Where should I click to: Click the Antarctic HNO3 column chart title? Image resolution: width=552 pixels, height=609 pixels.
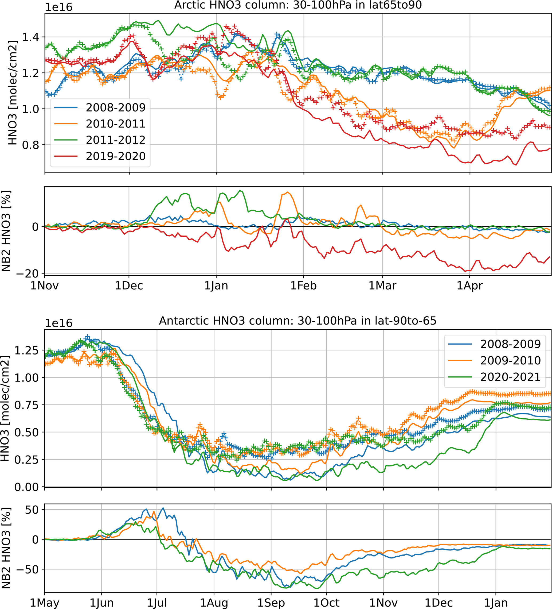pos(297,321)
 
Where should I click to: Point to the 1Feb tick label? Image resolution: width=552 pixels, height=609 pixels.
pos(303,286)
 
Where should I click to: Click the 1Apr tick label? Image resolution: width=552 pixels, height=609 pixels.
pos(469,286)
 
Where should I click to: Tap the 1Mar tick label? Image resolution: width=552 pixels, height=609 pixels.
pos(382,286)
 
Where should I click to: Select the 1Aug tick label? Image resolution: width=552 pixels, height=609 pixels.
pos(214,603)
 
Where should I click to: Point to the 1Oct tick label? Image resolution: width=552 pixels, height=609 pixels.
pos(326,603)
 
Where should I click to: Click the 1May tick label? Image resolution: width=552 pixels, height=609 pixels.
pos(45,603)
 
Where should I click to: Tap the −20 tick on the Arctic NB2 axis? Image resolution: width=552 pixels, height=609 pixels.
pos(28,274)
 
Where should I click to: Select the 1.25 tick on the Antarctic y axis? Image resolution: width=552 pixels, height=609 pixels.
pos(26,350)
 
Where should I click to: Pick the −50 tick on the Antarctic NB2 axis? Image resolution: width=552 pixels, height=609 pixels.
pos(28,569)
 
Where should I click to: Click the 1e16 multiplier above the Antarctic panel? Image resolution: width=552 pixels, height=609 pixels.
pos(59,323)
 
